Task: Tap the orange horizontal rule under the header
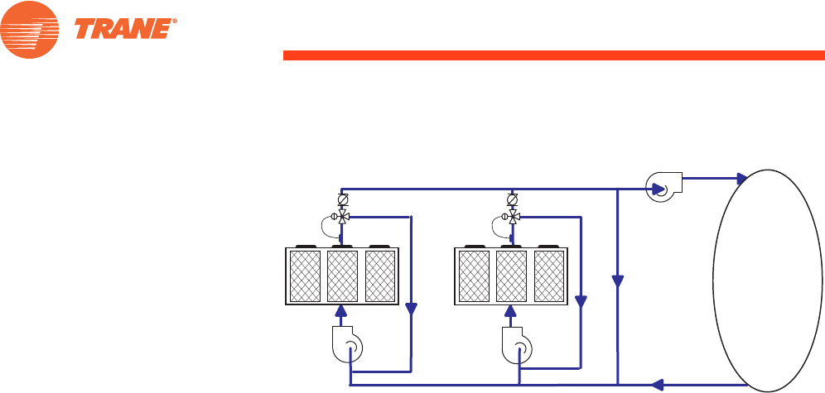click(x=553, y=55)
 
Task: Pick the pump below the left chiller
click(x=344, y=346)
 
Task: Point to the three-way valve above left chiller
click(x=343, y=217)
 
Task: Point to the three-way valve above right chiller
click(x=513, y=217)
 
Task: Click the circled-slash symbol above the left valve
click(x=343, y=200)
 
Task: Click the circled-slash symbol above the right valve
click(x=513, y=200)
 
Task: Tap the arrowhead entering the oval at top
click(x=741, y=178)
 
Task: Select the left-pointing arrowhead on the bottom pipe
click(x=658, y=384)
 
